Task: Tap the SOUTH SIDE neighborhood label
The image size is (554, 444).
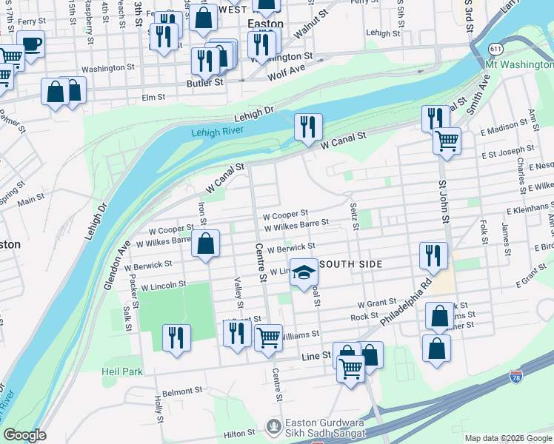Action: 350,264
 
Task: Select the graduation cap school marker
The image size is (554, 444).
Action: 303,274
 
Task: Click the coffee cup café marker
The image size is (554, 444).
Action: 31,44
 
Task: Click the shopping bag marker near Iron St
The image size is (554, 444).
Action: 206,243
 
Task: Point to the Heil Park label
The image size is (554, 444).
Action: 122,371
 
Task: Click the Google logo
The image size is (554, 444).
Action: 24,435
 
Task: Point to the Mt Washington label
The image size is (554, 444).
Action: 518,65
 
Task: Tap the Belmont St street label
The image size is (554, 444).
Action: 182,391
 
